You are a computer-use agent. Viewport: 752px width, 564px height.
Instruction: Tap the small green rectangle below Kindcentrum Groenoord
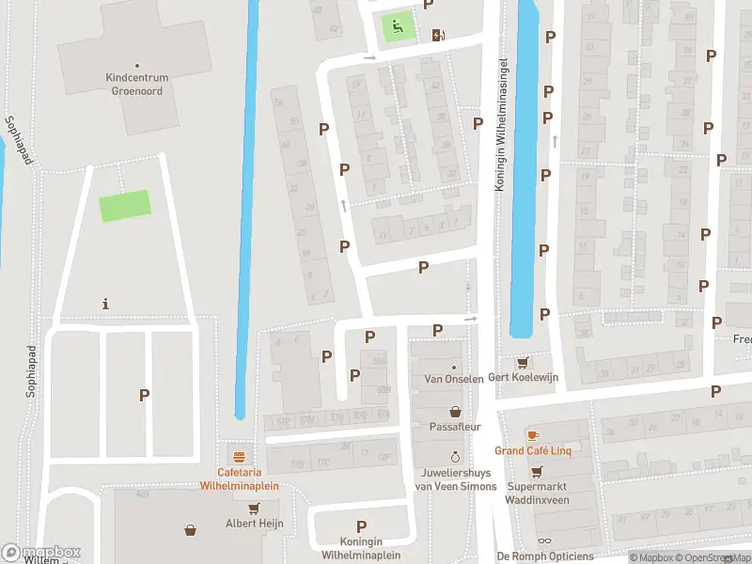pyautogui.click(x=125, y=206)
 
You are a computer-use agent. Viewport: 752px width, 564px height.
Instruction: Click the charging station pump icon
pyautogui.click(x=438, y=36)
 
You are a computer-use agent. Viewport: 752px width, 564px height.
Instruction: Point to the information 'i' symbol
pyautogui.click(x=105, y=304)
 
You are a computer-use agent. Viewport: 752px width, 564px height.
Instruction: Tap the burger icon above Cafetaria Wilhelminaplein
pyautogui.click(x=240, y=457)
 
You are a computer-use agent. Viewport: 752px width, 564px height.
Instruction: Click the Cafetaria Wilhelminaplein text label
pyautogui.click(x=239, y=479)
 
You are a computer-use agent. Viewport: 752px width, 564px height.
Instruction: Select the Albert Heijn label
pyautogui.click(x=254, y=524)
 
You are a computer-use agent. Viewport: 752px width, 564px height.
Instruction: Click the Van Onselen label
pyautogui.click(x=454, y=379)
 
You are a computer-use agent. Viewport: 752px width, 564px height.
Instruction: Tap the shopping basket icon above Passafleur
pyautogui.click(x=455, y=411)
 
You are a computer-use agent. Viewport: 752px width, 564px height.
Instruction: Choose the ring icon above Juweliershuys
pyautogui.click(x=455, y=456)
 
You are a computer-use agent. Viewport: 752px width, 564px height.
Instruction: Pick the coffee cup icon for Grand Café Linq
pyautogui.click(x=533, y=435)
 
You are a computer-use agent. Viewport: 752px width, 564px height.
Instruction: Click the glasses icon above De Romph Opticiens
pyautogui.click(x=544, y=540)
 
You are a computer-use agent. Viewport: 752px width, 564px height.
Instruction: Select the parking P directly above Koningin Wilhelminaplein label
pyautogui.click(x=361, y=526)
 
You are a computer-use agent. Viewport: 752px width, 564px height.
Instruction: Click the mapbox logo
pyautogui.click(x=42, y=553)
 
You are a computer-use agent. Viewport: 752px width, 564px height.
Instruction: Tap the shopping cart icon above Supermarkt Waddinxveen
pyautogui.click(x=537, y=472)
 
